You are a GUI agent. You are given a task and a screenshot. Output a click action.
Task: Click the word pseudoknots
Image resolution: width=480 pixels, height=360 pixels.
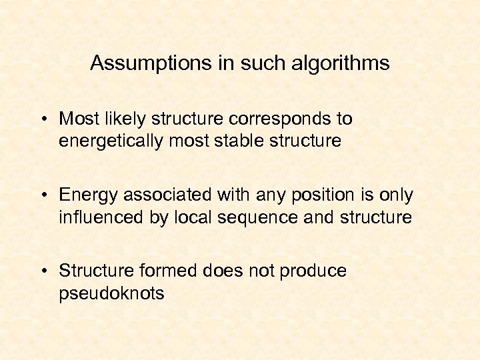point(111,293)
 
